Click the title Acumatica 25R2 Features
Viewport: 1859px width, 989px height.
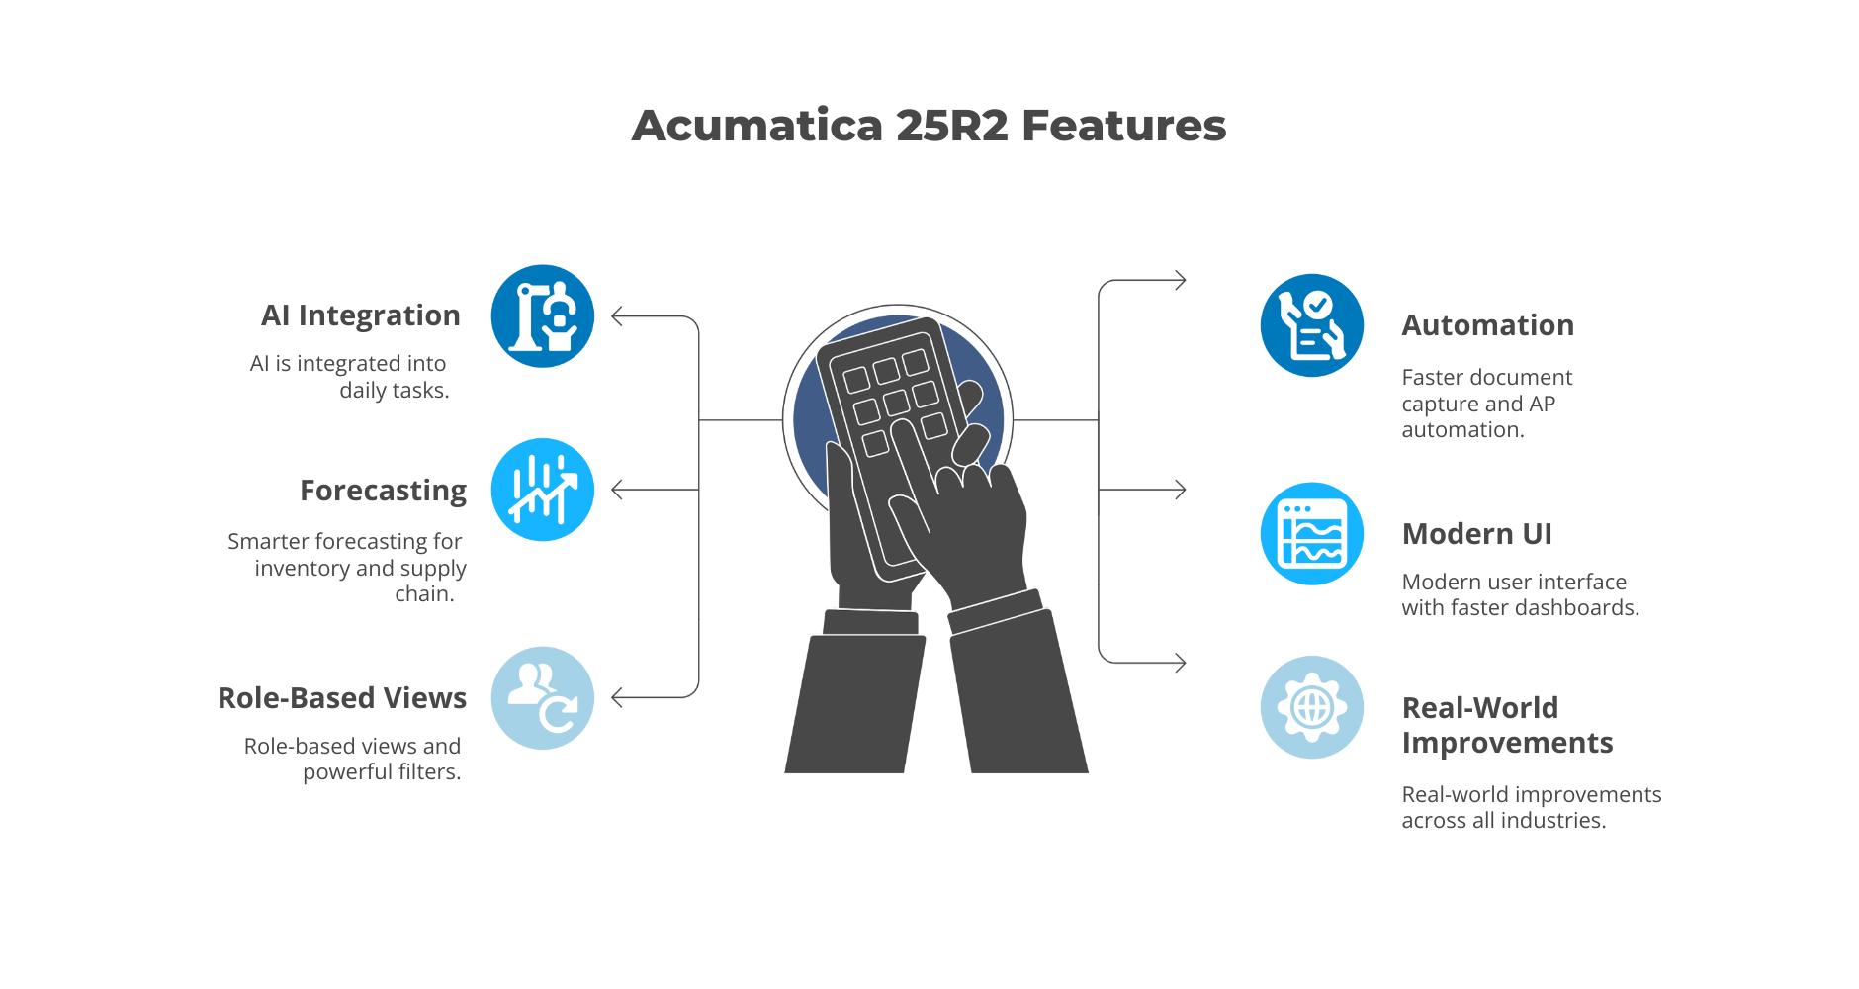pyautogui.click(x=929, y=126)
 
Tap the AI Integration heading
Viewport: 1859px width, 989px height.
pyautogui.click(x=361, y=315)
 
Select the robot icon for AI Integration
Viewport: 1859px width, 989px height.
pyautogui.click(x=543, y=316)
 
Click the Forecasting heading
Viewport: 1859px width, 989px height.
pyautogui.click(x=383, y=491)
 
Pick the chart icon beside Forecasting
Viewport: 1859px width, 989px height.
pyautogui.click(x=543, y=490)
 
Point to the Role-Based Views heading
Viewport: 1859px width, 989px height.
pyautogui.click(x=342, y=698)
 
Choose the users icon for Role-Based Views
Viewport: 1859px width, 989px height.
pyautogui.click(x=543, y=698)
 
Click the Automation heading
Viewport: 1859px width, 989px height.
pyautogui.click(x=1487, y=325)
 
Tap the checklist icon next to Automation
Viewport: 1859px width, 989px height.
pyautogui.click(x=1312, y=325)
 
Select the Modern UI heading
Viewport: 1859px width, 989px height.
pyautogui.click(x=1476, y=534)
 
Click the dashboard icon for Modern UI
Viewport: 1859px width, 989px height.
pyautogui.click(x=1312, y=534)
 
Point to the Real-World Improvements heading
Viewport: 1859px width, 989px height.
pyautogui.click(x=1507, y=725)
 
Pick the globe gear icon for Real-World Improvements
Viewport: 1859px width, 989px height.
pyautogui.click(x=1312, y=707)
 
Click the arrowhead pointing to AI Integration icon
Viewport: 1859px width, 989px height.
pyautogui.click(x=618, y=316)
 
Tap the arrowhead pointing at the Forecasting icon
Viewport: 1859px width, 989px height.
pyautogui.click(x=618, y=490)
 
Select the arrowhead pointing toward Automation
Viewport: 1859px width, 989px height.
pyautogui.click(x=1180, y=281)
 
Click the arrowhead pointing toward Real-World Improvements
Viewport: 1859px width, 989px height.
pyautogui.click(x=1180, y=663)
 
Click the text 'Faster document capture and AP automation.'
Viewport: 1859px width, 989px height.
pyautogui.click(x=1486, y=404)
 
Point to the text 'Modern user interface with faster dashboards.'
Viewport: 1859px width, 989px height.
pyautogui.click(x=1520, y=595)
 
